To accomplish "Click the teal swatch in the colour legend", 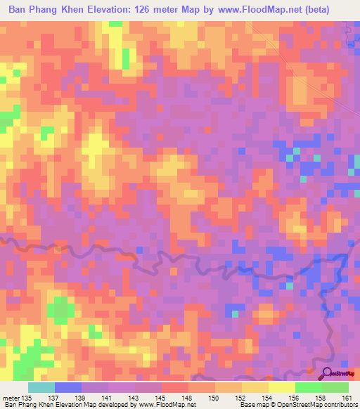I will click(x=41, y=387).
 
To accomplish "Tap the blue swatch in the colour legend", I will click(x=68, y=387).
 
